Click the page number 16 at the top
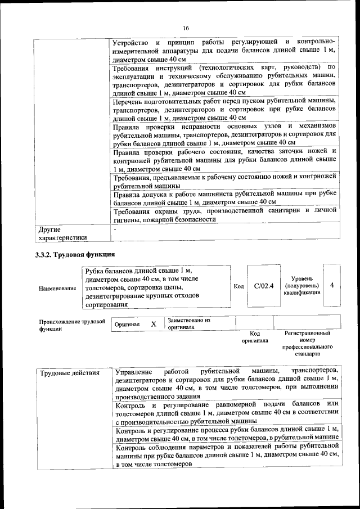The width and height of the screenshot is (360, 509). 186,29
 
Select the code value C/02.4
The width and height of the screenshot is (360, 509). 263,286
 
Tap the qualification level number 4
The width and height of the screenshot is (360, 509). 332,285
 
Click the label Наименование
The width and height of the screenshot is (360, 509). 57,289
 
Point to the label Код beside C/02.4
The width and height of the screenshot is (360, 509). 238,286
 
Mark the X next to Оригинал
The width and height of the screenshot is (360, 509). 153,325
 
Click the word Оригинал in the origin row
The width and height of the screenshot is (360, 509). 127,325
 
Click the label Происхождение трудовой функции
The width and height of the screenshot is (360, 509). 72,325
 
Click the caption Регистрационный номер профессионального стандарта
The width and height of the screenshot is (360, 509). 307,344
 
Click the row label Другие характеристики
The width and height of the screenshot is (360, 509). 63,233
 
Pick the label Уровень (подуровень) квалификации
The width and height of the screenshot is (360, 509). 306,285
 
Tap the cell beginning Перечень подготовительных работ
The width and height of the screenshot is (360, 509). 224,109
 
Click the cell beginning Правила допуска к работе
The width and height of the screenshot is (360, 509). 224,197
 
